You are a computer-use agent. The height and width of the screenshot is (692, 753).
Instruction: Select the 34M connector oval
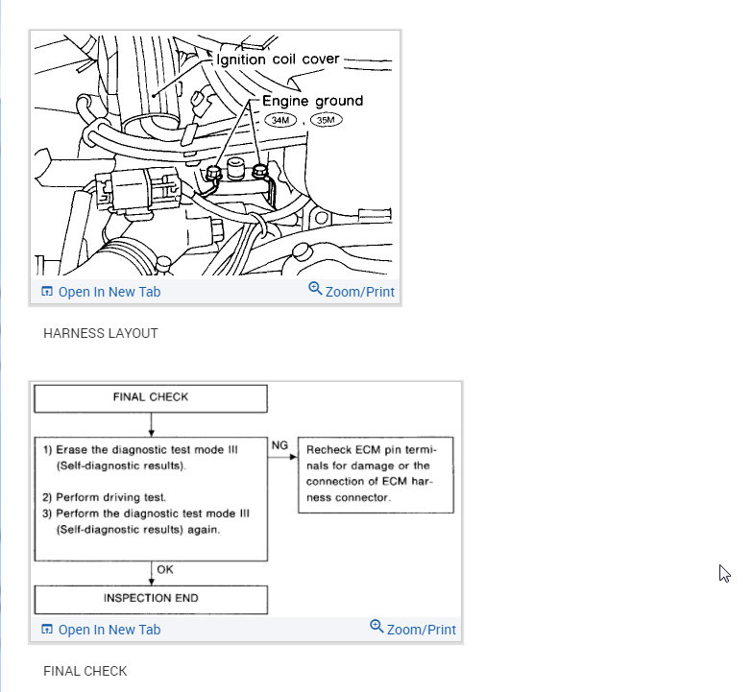(282, 120)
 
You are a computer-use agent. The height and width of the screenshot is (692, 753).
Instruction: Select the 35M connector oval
(326, 120)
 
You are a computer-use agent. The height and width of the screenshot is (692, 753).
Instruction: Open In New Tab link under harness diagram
(100, 292)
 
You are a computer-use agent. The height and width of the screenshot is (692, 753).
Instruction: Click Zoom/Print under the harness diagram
(352, 292)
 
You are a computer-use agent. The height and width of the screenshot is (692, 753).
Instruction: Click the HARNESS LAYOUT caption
(100, 333)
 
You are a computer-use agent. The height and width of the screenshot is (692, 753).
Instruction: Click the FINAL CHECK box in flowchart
(151, 397)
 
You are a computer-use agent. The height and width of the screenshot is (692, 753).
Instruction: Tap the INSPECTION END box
(151, 599)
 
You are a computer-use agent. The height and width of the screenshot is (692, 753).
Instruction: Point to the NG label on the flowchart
(279, 445)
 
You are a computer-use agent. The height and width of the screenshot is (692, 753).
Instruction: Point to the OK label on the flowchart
(165, 570)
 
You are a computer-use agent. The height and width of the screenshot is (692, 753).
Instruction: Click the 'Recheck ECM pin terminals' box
(376, 474)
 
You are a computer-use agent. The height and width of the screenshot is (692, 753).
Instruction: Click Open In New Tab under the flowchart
(100, 630)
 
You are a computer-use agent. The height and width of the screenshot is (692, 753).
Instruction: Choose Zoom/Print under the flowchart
(413, 630)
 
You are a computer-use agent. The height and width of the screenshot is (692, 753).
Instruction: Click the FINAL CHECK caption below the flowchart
(85, 671)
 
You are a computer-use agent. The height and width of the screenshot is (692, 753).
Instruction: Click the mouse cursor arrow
(724, 573)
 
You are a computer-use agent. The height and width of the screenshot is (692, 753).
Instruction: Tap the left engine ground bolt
(215, 173)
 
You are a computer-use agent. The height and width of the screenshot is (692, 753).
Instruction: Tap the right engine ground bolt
(259, 172)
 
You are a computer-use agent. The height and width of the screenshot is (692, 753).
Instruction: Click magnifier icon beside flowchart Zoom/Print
(376, 628)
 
